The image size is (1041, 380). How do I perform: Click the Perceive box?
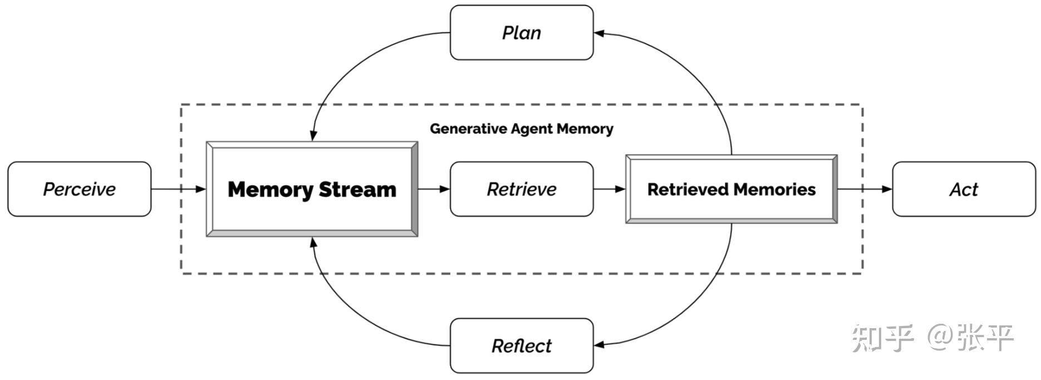point(79,189)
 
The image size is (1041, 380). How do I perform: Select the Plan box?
point(521,32)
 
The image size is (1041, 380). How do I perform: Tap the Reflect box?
point(521,345)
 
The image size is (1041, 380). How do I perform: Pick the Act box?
point(964,189)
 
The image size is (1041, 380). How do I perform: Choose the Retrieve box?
point(521,189)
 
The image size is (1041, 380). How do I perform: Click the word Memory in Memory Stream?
point(271,189)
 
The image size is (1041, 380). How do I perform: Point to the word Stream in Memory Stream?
point(357,189)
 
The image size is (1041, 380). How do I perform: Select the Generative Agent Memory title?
point(521,129)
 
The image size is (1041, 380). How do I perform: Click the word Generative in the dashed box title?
point(459,129)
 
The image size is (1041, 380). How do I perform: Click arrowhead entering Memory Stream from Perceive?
point(201,189)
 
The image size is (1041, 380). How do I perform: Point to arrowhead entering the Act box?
point(887,189)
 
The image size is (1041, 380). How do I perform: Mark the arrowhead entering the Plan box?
point(599,33)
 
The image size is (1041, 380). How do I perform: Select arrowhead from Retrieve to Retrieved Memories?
point(620,189)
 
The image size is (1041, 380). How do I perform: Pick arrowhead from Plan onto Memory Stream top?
point(313,135)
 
